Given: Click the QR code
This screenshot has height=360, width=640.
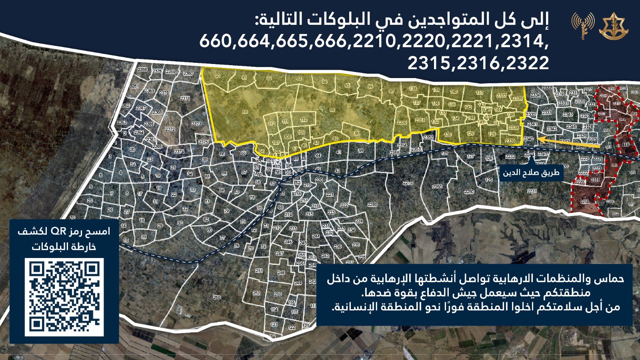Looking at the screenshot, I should coord(64,297).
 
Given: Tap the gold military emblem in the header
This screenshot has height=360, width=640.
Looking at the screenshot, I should coord(613,26).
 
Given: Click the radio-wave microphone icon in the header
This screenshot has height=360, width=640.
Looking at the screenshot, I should coord(582,26).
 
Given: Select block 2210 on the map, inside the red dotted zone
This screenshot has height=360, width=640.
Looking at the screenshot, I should coord(585,202).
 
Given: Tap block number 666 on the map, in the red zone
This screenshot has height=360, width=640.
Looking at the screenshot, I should coord(626,145).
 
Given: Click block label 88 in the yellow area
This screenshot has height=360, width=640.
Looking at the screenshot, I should coord(245,112).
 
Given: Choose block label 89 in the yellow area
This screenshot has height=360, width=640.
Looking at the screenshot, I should coord(332,110).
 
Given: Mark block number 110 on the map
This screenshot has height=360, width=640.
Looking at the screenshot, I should coord(304,120).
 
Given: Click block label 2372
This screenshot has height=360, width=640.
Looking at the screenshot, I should coord(170,129).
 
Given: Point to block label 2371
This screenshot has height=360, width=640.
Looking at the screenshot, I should coord(185,98).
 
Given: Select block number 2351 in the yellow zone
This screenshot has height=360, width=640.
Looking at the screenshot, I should coord(420,120).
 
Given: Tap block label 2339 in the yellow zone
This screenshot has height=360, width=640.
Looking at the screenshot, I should coord(510,141).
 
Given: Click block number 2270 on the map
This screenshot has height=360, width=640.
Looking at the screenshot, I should coord(408,183).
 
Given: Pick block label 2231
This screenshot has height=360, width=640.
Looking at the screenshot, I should coord(532,191).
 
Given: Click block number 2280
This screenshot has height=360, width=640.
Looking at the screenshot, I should coord(372,204).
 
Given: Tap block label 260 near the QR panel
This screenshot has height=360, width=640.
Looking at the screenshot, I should coord(216,297).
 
